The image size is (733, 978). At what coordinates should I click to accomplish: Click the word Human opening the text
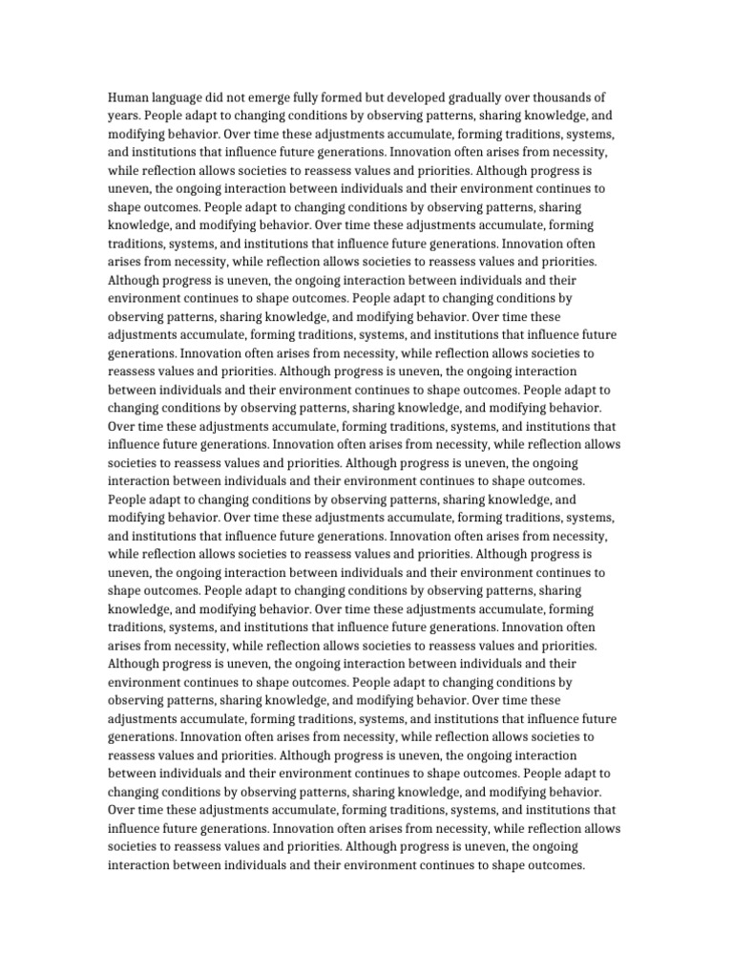(x=130, y=98)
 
